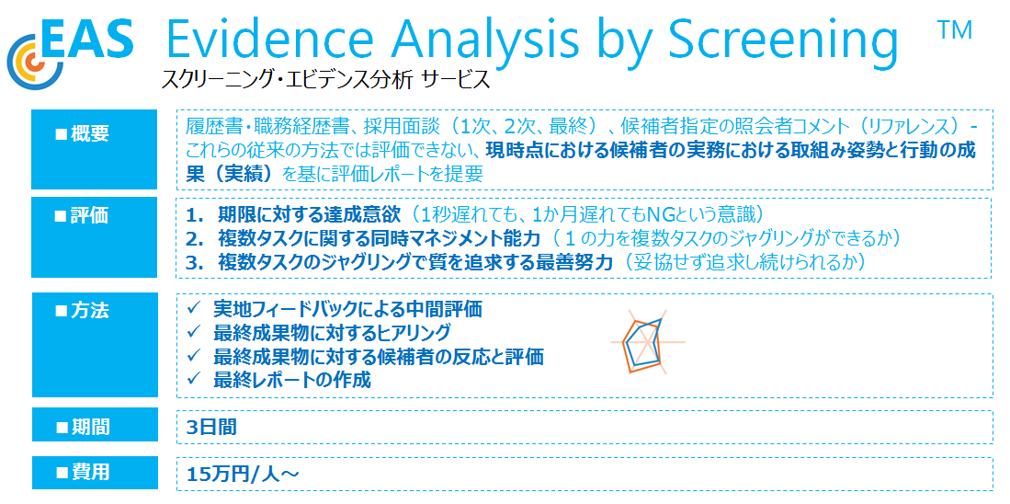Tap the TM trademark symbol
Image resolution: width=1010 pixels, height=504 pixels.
coord(955,31)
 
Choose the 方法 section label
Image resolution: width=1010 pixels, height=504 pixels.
coord(83,311)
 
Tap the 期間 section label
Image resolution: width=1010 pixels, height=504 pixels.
coord(83,426)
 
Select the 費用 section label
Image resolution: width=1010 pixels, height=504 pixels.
coord(83,473)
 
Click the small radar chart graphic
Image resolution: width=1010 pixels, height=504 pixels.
coord(647,342)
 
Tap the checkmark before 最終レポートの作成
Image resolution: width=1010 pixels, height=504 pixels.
coord(195,379)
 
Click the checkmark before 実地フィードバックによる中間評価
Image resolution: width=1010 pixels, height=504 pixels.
coord(195,309)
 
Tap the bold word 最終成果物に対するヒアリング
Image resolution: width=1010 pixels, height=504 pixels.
coord(332,333)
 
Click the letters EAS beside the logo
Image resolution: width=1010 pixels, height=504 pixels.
coord(89,38)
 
